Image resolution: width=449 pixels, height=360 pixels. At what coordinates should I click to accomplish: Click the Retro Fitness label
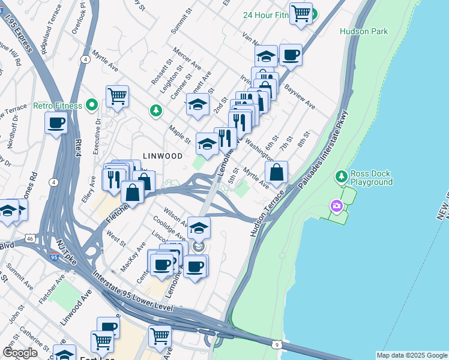pyautogui.click(x=58, y=106)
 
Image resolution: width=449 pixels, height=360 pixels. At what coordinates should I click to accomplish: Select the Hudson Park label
pyautogui.click(x=364, y=31)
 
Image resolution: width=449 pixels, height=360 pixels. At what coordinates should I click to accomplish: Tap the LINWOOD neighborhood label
pyautogui.click(x=162, y=155)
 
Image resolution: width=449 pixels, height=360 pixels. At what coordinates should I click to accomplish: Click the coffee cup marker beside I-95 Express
pyautogui.click(x=56, y=123)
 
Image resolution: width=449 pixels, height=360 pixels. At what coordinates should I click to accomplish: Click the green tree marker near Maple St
pyautogui.click(x=156, y=110)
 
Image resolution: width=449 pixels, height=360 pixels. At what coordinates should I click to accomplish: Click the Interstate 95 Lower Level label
pyautogui.click(x=133, y=294)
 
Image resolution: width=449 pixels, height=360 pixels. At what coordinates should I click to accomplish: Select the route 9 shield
pyautogui.click(x=276, y=344)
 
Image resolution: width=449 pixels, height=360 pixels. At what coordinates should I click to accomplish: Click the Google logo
pyautogui.click(x=20, y=353)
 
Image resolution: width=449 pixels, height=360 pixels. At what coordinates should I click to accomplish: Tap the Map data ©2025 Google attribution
pyautogui.click(x=411, y=355)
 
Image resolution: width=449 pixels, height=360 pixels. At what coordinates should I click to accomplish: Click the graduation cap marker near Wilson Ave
pyautogui.click(x=199, y=228)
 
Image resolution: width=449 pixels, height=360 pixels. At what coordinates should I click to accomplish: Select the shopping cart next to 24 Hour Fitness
pyautogui.click(x=301, y=13)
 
